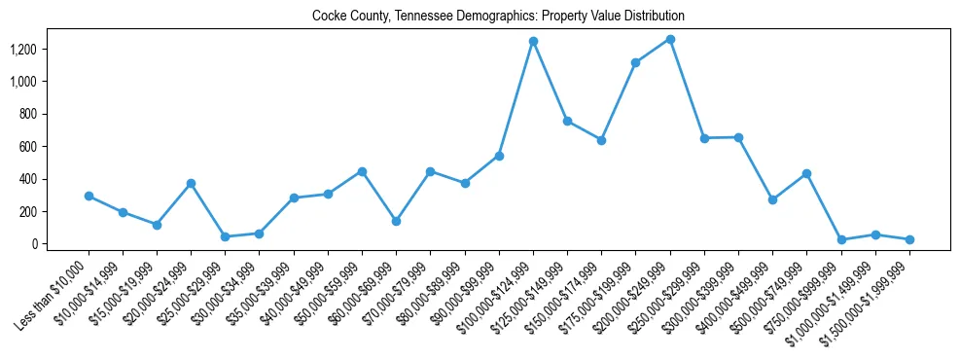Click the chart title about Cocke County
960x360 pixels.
click(498, 16)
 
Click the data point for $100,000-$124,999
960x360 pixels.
click(533, 41)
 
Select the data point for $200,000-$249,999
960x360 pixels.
click(670, 39)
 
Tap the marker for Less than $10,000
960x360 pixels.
click(89, 196)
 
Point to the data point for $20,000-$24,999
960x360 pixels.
click(192, 183)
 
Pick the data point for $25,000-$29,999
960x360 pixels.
click(226, 236)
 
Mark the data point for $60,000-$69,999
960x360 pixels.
click(397, 221)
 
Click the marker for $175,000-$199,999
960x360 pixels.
click(636, 62)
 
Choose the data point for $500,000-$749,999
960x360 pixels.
click(807, 173)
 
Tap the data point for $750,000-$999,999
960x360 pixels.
click(841, 239)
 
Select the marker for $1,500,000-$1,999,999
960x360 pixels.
click(909, 239)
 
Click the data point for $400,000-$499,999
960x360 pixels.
click(772, 199)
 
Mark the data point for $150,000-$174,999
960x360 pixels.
click(602, 140)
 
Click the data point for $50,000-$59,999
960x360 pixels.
click(362, 171)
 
